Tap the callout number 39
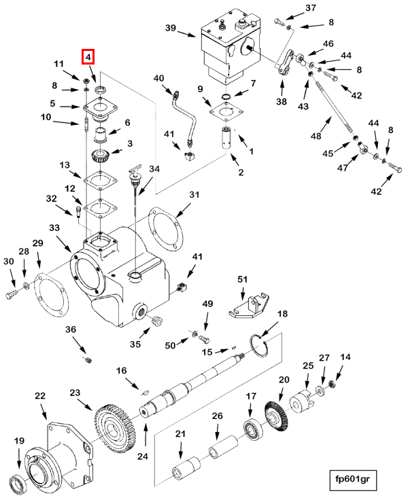point(171,28)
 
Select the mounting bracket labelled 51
point(249,305)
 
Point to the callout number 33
point(55,228)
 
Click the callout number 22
point(40,396)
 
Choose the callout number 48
point(316,137)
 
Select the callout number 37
point(310,7)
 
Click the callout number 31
point(195,195)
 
